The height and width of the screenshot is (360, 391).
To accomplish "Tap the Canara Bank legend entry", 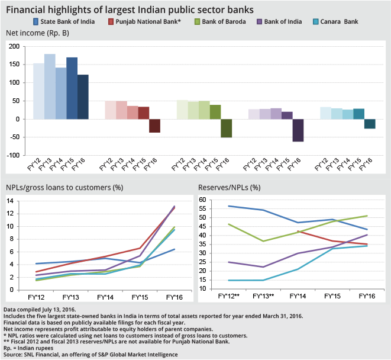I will click(x=332, y=22).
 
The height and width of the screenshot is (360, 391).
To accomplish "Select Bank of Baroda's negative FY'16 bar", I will click(x=226, y=128).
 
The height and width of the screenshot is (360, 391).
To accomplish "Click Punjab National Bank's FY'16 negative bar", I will click(x=154, y=126).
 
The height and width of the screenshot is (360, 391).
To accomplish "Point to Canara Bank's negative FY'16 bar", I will click(x=370, y=124).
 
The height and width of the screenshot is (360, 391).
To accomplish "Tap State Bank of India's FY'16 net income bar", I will click(x=83, y=97).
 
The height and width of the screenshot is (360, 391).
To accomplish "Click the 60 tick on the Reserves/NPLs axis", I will click(x=202, y=200).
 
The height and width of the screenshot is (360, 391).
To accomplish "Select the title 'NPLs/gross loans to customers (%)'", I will click(x=64, y=188).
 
